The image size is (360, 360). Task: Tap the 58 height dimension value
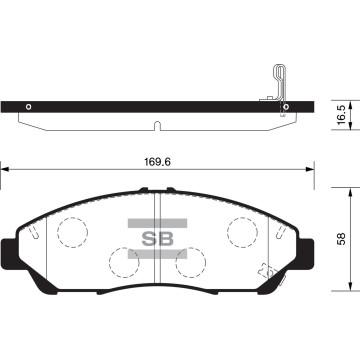[x=343, y=240]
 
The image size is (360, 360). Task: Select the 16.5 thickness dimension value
[x=343, y=112]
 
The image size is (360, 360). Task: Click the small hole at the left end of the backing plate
[x=29, y=107]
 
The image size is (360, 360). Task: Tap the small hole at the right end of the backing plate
[x=286, y=107]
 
